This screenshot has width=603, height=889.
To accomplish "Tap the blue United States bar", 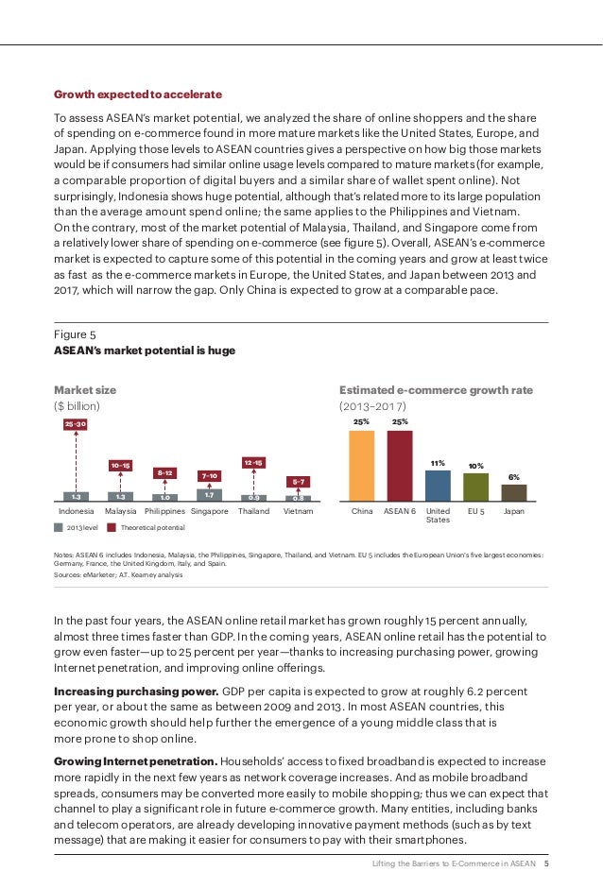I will pyautogui.click(x=438, y=486).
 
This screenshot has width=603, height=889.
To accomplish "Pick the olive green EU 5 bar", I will pyautogui.click(x=476, y=487).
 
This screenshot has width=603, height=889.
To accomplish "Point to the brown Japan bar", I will pyautogui.click(x=514, y=492).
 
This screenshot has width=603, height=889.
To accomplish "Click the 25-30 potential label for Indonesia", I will pyautogui.click(x=75, y=424).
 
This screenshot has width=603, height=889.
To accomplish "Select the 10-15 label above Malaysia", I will pyautogui.click(x=120, y=465).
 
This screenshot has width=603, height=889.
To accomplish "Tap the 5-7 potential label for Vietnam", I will pyautogui.click(x=300, y=481).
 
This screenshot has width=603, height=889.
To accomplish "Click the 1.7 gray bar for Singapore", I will pyautogui.click(x=209, y=494).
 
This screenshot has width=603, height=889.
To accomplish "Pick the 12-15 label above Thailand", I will pyautogui.click(x=254, y=463).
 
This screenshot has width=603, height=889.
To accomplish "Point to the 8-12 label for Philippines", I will pyautogui.click(x=164, y=471).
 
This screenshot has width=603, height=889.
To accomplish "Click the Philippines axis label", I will pyautogui.click(x=164, y=511).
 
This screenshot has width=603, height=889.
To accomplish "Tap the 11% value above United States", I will pyautogui.click(x=438, y=464).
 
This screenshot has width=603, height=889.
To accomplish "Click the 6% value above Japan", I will pyautogui.click(x=514, y=477).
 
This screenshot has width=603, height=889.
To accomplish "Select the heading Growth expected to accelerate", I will pyautogui.click(x=138, y=94).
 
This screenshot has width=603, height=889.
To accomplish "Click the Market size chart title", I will pyautogui.click(x=85, y=389).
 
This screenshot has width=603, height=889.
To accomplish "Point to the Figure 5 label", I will pyautogui.click(x=75, y=333).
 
